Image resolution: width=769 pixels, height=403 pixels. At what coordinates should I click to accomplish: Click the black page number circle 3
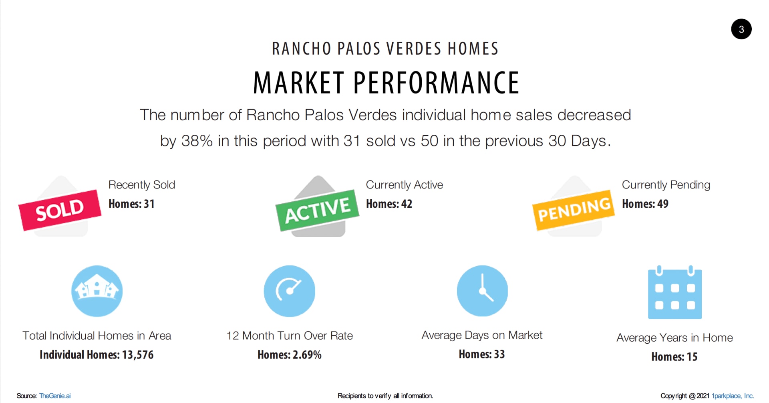point(741,29)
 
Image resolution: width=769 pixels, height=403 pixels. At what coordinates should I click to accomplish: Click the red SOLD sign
point(60,210)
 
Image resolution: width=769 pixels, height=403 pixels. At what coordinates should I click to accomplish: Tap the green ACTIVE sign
point(317,211)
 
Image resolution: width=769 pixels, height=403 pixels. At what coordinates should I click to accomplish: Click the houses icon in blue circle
point(97,291)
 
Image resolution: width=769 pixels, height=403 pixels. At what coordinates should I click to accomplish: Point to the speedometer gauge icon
point(290,291)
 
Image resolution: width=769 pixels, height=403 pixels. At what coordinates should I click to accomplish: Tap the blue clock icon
point(482,291)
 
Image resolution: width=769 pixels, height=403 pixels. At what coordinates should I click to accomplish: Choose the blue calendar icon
point(675,292)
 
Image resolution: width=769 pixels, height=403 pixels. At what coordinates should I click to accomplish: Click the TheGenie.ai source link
point(55,396)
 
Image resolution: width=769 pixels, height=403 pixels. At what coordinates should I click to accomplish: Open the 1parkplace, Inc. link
point(733,396)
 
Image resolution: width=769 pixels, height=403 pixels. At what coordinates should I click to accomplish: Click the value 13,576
point(138,355)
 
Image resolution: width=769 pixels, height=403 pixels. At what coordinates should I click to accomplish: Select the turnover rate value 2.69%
point(307,355)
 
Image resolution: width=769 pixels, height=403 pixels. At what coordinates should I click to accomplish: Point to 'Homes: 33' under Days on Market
point(482,354)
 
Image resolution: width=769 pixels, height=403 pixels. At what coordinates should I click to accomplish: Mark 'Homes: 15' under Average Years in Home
point(674,356)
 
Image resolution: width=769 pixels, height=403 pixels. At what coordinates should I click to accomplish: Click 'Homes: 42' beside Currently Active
point(389,204)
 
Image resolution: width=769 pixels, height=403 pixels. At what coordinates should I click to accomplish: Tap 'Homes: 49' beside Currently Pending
point(645,204)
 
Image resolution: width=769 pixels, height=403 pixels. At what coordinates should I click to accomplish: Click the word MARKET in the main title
point(299,83)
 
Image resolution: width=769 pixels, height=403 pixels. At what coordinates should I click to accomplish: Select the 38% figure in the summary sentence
point(197,141)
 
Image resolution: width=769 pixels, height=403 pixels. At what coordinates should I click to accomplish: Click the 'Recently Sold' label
point(142,185)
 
